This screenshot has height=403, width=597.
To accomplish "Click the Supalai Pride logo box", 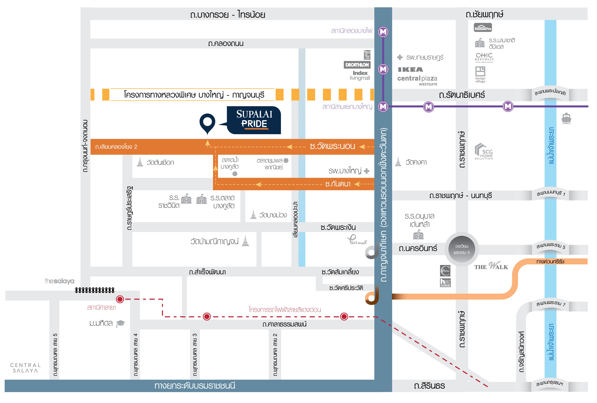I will pos(254,120).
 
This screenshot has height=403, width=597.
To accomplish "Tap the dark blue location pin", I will pos(207,123).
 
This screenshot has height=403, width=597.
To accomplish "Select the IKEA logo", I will pos(410,70).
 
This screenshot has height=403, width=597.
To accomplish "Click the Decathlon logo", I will pos(357,65).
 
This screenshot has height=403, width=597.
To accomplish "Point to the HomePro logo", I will pos(483,28).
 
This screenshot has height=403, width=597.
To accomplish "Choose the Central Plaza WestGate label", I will pos(417,80).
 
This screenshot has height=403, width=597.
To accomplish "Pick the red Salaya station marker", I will pos(120,299).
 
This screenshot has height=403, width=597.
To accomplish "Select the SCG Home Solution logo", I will pos(483,152).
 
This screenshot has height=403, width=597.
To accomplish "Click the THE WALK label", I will pos(491,266).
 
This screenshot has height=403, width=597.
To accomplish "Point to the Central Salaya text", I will pos(25,368).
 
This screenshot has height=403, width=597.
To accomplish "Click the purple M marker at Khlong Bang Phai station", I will pos(383,32).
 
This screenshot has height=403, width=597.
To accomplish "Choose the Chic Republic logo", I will pos(484,57).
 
